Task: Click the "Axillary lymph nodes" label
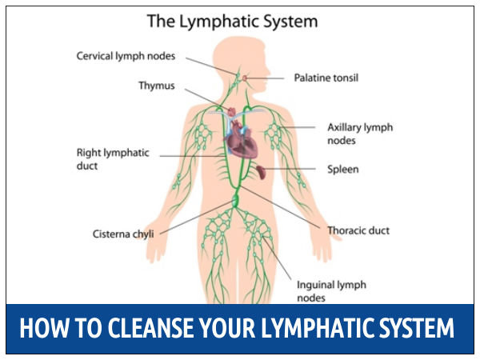[359, 134]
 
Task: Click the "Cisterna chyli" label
[122, 234]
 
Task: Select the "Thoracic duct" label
[358, 230]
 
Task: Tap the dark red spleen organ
[262, 170]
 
